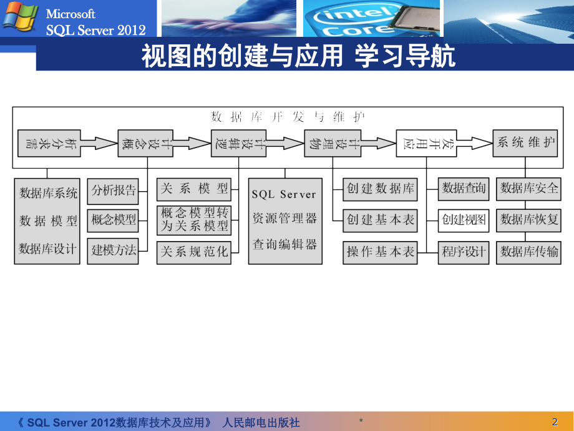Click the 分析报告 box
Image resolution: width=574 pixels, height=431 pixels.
[x=113, y=191]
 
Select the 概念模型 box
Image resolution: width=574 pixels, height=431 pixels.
[x=113, y=220]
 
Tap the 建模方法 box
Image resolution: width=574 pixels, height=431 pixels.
[x=113, y=250]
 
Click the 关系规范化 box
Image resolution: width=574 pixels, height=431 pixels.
[x=194, y=252]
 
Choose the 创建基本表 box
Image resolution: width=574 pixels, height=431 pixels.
[x=380, y=220]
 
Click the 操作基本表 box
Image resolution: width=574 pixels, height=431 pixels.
[x=380, y=252]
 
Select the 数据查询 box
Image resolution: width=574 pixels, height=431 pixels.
[x=463, y=188]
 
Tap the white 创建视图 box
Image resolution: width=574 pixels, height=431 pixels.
[x=463, y=220]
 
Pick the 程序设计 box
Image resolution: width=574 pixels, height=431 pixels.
[x=463, y=252]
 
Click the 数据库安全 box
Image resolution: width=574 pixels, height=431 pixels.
[x=529, y=188]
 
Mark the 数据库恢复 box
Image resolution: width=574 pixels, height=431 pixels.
[x=529, y=220]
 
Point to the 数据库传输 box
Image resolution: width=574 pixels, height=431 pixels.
[x=529, y=252]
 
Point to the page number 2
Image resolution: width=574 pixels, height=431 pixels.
[x=555, y=422]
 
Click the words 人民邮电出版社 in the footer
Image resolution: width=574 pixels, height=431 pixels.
[x=261, y=422]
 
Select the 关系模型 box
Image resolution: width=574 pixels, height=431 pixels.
[x=194, y=188]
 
